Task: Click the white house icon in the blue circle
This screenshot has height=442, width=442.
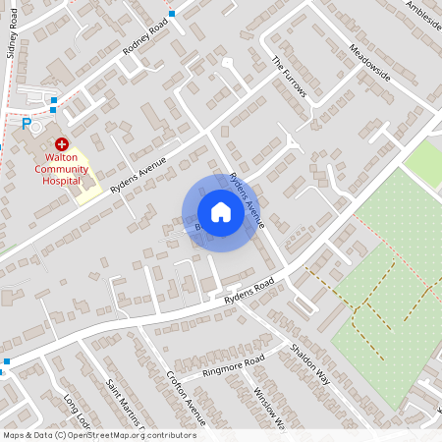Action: click(x=221, y=212)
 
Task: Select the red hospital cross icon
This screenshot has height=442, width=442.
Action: click(x=61, y=143)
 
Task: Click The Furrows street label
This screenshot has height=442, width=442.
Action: click(x=290, y=77)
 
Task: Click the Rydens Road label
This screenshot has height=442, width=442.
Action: click(x=247, y=288)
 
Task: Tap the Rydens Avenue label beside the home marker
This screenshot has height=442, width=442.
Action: click(x=247, y=200)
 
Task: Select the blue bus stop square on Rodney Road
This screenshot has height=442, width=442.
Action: click(x=172, y=14)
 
